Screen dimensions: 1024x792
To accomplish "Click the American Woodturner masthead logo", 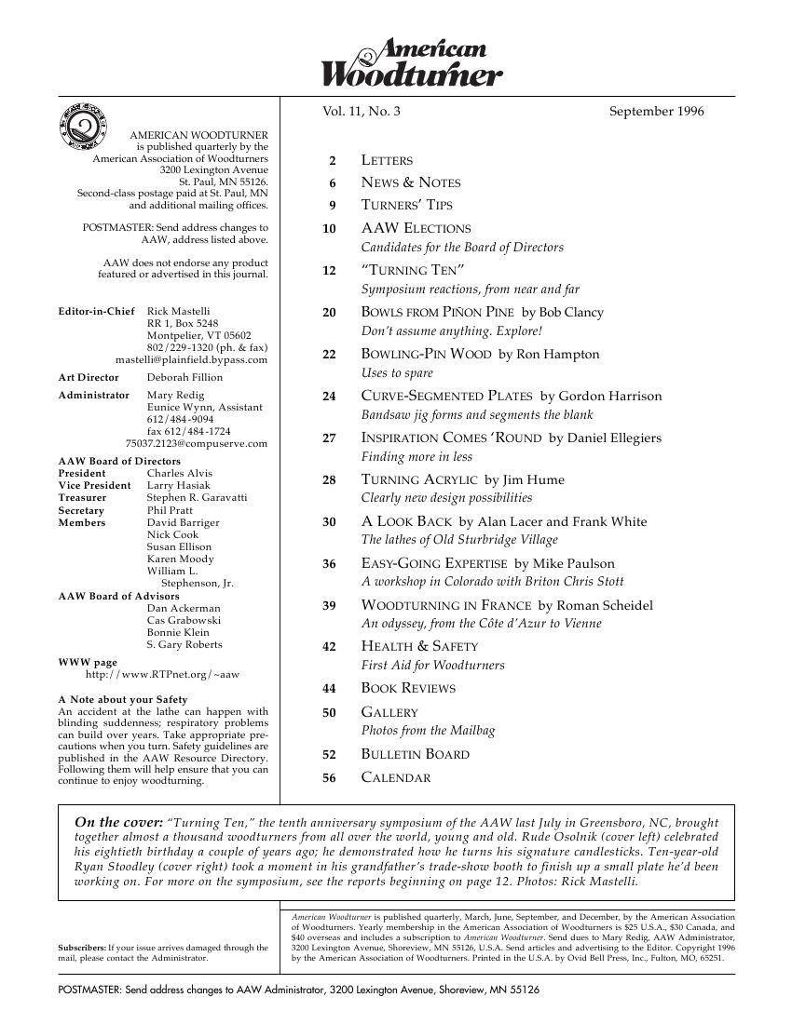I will click(412, 62).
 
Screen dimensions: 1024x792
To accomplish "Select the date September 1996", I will click(656, 112).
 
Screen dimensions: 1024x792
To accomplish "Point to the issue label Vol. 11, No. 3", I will click(362, 112).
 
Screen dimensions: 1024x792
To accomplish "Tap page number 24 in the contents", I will click(329, 397).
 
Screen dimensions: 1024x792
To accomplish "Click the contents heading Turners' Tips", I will click(406, 205).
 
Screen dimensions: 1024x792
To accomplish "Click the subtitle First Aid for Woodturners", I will click(432, 666).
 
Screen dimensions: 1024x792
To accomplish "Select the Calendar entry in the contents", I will click(395, 778).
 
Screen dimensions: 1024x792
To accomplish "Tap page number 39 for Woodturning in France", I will click(329, 606).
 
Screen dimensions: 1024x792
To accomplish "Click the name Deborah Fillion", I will click(184, 378).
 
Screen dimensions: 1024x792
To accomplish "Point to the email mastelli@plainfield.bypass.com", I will click(191, 359).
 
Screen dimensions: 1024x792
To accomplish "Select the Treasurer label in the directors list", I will click(82, 498).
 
